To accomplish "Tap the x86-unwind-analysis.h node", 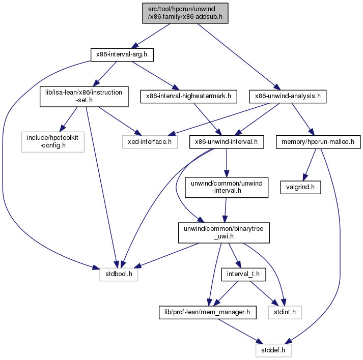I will point(288,95).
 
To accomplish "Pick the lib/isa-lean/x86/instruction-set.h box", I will point(85,96).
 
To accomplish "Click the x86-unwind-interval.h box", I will point(227,141).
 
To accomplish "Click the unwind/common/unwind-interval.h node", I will point(226,187).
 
